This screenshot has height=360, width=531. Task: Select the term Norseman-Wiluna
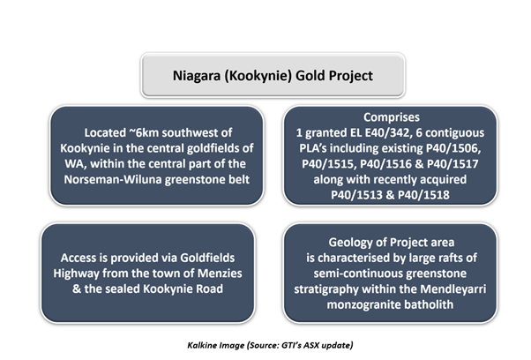point(113,179)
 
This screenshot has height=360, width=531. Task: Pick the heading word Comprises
point(392,117)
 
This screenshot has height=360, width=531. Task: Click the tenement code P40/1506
point(453,148)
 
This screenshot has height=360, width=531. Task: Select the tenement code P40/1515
point(329,164)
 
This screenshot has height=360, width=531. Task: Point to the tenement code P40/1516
point(387,164)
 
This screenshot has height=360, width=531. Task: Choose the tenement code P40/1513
point(356,195)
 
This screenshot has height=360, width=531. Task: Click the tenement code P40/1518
point(423,195)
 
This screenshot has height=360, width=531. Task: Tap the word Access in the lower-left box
point(79,258)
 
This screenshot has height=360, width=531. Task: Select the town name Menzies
point(220,274)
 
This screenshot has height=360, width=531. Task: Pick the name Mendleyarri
point(453,289)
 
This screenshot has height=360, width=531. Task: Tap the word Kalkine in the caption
point(202,345)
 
